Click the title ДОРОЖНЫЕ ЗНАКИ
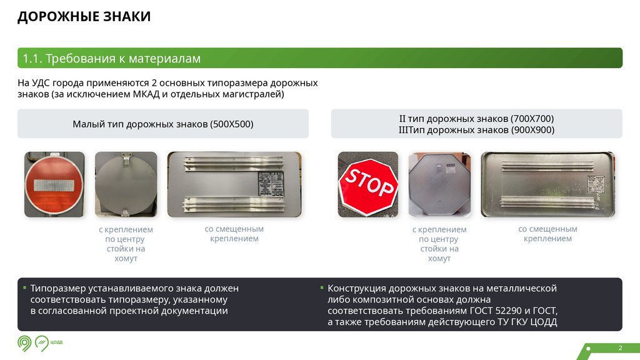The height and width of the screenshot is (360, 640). click(84, 17)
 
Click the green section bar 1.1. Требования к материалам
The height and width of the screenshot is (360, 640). click(319, 58)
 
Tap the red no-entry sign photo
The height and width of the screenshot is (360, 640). click(54, 185)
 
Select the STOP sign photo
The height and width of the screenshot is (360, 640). click(367, 185)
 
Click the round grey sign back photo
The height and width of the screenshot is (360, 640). click(126, 185)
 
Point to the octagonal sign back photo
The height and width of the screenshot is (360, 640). click(439, 185)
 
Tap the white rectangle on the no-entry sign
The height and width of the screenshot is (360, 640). click(54, 186)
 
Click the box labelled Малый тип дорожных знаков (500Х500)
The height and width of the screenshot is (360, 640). click(163, 124)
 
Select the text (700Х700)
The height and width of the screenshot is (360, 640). click(532, 118)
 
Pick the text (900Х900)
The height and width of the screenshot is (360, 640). click(532, 130)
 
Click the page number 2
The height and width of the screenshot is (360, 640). click(620, 347)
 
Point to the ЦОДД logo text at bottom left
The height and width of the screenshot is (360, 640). click(57, 342)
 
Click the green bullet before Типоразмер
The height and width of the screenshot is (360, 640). click(24, 288)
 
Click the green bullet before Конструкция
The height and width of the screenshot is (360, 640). click(321, 288)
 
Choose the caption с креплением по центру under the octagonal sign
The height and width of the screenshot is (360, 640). click(439, 244)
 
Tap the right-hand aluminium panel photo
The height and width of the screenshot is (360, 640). click(547, 185)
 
